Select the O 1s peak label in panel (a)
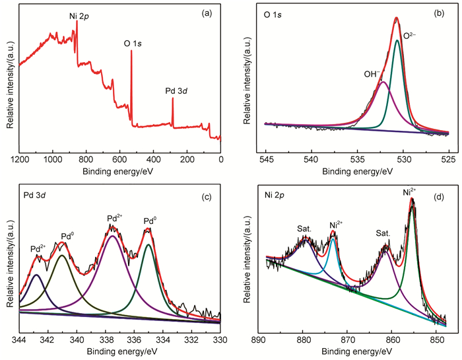tap(136, 44)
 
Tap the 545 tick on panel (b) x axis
tap(267, 159)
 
